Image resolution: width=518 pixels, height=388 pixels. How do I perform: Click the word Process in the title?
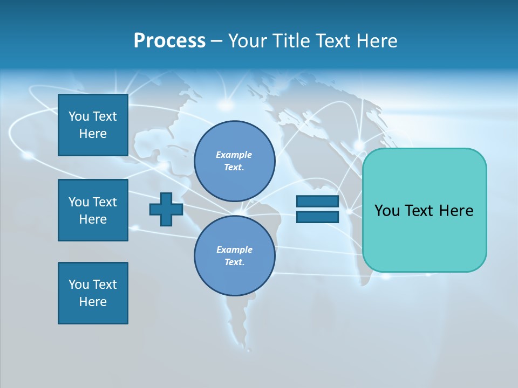point(169,41)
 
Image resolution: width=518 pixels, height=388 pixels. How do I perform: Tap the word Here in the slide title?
point(376,41)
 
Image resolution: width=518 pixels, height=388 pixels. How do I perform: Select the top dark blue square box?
point(93,125)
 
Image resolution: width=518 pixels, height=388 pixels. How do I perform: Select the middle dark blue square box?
point(93,210)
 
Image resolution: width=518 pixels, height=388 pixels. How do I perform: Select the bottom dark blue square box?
point(93,293)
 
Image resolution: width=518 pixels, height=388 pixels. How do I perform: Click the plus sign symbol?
point(166,209)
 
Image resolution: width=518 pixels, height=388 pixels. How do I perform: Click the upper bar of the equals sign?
point(317,202)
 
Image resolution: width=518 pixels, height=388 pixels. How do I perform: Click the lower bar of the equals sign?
point(317,217)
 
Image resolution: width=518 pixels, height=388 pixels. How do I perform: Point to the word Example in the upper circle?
point(234,155)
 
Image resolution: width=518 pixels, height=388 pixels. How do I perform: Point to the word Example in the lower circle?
point(234,250)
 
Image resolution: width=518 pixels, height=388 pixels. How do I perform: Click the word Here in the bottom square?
point(93,302)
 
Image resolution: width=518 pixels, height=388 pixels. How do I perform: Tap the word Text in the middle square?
point(104,202)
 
